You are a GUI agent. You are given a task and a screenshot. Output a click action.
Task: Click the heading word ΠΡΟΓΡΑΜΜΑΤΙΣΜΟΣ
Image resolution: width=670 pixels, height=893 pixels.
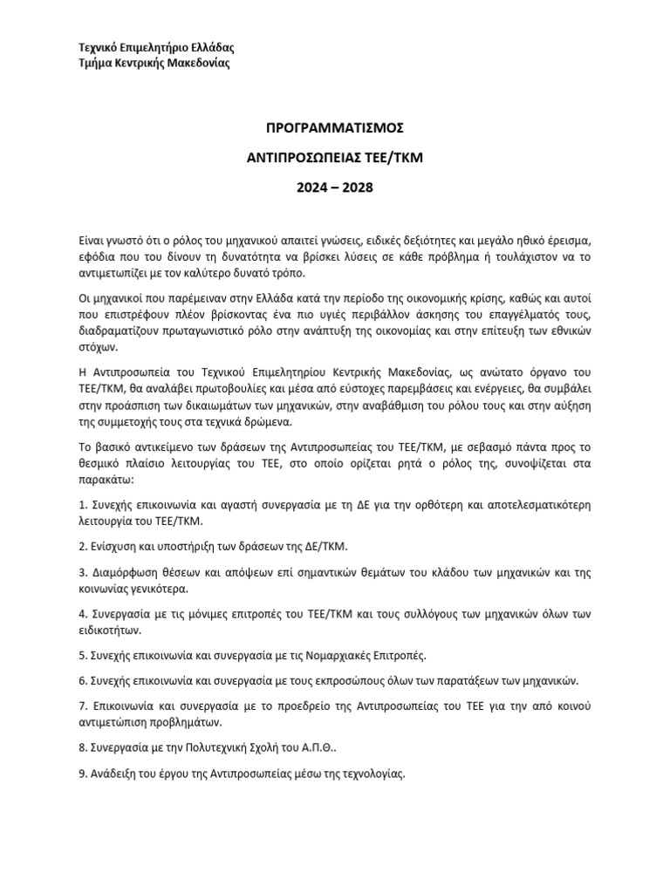[x=335, y=128]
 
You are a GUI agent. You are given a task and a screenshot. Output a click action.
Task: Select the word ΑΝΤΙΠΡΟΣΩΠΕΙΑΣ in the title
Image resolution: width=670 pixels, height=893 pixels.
[x=301, y=158]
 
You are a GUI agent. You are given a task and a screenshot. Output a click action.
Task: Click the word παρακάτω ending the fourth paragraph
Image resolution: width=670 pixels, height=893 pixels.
[x=103, y=480]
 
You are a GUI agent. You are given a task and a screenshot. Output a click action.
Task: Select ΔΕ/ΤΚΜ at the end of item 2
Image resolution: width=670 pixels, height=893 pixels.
[x=324, y=547]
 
